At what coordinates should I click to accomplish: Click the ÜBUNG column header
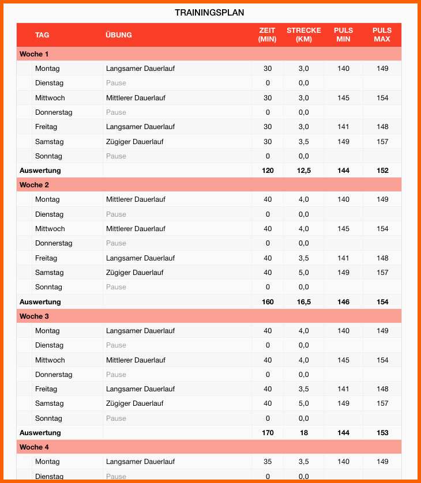pyautogui.click(x=119, y=35)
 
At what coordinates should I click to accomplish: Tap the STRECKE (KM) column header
pyautogui.click(x=303, y=35)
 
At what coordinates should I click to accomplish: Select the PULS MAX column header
pyautogui.click(x=382, y=35)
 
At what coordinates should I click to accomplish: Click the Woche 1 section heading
pyautogui.click(x=34, y=54)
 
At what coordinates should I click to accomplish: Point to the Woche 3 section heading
pyautogui.click(x=34, y=316)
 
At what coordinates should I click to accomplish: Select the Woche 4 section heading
pyautogui.click(x=34, y=447)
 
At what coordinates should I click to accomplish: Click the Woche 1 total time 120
pyautogui.click(x=268, y=171)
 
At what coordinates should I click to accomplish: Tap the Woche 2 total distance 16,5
pyautogui.click(x=303, y=301)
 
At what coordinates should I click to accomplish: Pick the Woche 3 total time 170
pyautogui.click(x=268, y=432)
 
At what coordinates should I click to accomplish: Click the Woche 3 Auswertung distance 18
pyautogui.click(x=303, y=432)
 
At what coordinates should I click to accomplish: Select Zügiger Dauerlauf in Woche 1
pyautogui.click(x=134, y=142)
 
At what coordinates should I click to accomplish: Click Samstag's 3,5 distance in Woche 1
pyautogui.click(x=303, y=142)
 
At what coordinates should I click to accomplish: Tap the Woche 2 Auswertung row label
pyautogui.click(x=40, y=301)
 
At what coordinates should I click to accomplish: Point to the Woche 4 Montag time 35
pyautogui.click(x=268, y=462)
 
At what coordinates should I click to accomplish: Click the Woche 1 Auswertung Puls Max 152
pyautogui.click(x=382, y=171)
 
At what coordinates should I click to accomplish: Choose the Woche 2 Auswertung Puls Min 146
pyautogui.click(x=343, y=301)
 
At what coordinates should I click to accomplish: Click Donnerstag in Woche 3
pyautogui.click(x=54, y=375)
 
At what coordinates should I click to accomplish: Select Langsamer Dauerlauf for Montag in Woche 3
pyautogui.click(x=140, y=331)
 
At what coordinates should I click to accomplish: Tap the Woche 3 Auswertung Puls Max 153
pyautogui.click(x=382, y=432)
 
